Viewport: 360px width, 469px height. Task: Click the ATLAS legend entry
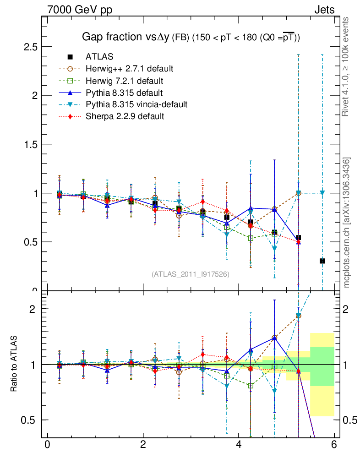point(99,57)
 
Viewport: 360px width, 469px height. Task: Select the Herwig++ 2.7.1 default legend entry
point(129,69)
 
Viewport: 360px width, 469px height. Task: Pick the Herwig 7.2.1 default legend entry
point(124,81)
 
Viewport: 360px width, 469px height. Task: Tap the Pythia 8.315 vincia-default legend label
point(136,104)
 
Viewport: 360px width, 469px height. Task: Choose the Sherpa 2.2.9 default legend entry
point(125,116)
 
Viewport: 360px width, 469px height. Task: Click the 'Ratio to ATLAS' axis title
point(15,364)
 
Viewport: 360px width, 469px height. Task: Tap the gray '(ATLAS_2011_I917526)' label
point(191,274)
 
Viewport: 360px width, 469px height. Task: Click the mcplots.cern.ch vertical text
point(347,223)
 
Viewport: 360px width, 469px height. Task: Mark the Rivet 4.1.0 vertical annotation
point(347,67)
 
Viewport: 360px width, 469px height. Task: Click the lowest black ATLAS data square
point(322,261)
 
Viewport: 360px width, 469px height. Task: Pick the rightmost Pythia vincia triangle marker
point(322,193)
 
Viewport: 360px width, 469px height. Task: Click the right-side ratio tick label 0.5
point(350,420)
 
